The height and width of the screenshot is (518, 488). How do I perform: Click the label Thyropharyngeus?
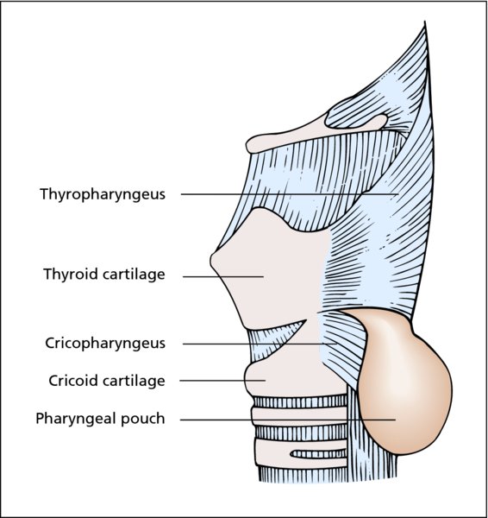pos(103,194)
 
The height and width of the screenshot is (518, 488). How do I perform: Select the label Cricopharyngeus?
pos(105,344)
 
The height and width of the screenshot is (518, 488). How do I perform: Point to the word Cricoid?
pos(73,381)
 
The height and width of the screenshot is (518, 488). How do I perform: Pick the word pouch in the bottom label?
pos(143,420)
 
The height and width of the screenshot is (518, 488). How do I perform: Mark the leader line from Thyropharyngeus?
pos(290,194)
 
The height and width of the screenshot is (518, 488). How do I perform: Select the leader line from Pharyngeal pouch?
pos(288,420)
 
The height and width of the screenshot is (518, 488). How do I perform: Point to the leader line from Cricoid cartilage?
pos(222,381)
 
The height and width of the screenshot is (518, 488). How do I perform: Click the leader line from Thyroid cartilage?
pos(223,276)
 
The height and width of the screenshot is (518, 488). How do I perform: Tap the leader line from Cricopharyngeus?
pos(260,344)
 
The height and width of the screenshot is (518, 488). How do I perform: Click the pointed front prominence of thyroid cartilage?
pos(211,260)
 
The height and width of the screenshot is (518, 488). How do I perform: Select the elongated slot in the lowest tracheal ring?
pos(318,454)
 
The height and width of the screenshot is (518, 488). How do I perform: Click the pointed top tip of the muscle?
pos(425,22)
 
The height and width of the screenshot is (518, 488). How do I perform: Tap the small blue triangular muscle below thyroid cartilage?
pos(273,340)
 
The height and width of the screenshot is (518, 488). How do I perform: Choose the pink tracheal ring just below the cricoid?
pos(299,416)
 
